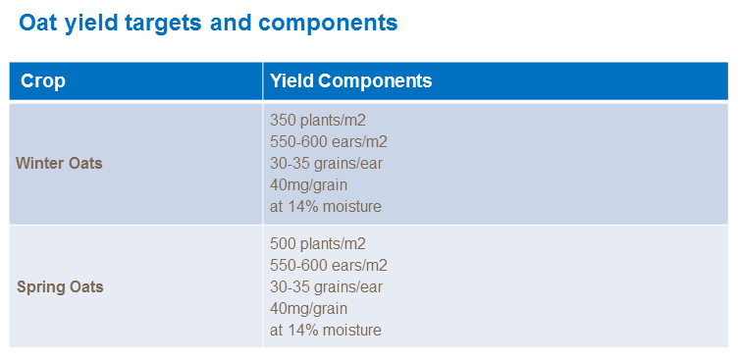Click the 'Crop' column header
(x=43, y=80)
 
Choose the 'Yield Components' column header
(x=350, y=80)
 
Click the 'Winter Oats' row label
(x=59, y=163)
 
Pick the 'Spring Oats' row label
(x=60, y=287)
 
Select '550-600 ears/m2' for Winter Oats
(x=329, y=141)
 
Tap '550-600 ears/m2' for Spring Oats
(x=329, y=266)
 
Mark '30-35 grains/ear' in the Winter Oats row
(x=326, y=163)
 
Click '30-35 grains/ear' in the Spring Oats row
(x=326, y=287)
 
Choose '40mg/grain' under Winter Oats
(x=308, y=184)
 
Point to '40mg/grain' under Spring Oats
(x=308, y=309)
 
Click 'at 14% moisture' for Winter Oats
(x=325, y=206)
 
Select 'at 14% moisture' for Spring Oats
(x=325, y=331)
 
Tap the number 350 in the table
(x=283, y=120)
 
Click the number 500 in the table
(x=283, y=244)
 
